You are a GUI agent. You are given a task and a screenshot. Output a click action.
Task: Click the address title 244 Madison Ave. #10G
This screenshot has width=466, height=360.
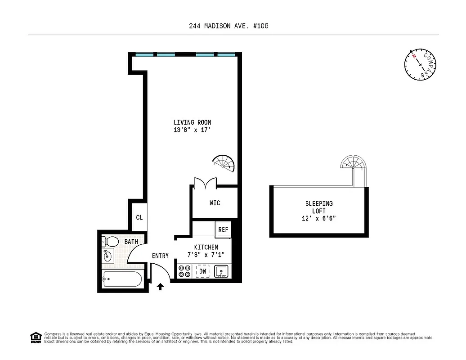coord(229,26)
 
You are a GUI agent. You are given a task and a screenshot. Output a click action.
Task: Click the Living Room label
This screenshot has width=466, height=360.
coord(192,122)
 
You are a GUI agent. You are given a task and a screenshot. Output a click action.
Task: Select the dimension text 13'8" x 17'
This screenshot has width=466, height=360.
coord(192,130)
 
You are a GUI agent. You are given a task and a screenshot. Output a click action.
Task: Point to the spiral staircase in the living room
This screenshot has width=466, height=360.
coord(224,163)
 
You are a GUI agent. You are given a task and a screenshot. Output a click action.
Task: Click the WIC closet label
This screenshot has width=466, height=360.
coord(215,203)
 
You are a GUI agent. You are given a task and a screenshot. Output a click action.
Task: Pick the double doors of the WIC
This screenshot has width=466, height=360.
coord(205,182)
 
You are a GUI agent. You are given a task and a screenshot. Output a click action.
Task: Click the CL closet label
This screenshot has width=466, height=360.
coord(139,217)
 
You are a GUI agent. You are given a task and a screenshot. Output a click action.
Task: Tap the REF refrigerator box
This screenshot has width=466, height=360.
coord(223,229)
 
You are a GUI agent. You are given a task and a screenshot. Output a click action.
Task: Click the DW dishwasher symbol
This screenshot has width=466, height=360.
coord(203,271)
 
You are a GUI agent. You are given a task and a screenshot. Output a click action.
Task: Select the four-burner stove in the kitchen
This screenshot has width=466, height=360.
coord(184,271)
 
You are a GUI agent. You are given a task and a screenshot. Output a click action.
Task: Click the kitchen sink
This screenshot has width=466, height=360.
coord(221,271)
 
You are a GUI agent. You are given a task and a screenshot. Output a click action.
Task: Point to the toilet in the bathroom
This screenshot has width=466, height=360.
coord(110,242)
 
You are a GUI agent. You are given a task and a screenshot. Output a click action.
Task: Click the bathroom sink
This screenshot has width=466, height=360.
coord(108,257)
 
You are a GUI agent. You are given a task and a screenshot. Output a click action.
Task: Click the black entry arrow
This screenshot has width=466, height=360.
coord(160,286)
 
